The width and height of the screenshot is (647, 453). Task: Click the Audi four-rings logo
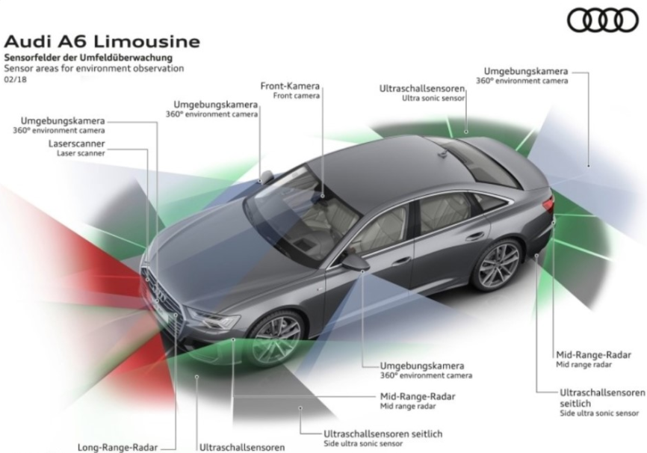point(602,21)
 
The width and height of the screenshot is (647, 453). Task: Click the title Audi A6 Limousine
point(102,40)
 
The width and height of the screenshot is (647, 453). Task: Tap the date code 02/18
point(14,78)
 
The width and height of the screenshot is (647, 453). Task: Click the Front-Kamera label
point(290,86)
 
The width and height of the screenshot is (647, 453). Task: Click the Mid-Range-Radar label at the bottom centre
point(417,396)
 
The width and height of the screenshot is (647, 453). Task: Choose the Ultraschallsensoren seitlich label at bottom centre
point(383,433)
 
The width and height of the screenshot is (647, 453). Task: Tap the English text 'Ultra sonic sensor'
point(433,98)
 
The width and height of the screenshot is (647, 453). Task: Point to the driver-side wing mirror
point(356,262)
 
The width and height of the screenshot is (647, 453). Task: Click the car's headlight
point(213,321)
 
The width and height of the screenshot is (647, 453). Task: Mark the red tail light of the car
point(549,203)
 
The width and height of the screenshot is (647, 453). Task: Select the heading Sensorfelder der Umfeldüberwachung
point(88,58)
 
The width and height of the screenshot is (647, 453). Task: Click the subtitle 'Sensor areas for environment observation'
point(93,68)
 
